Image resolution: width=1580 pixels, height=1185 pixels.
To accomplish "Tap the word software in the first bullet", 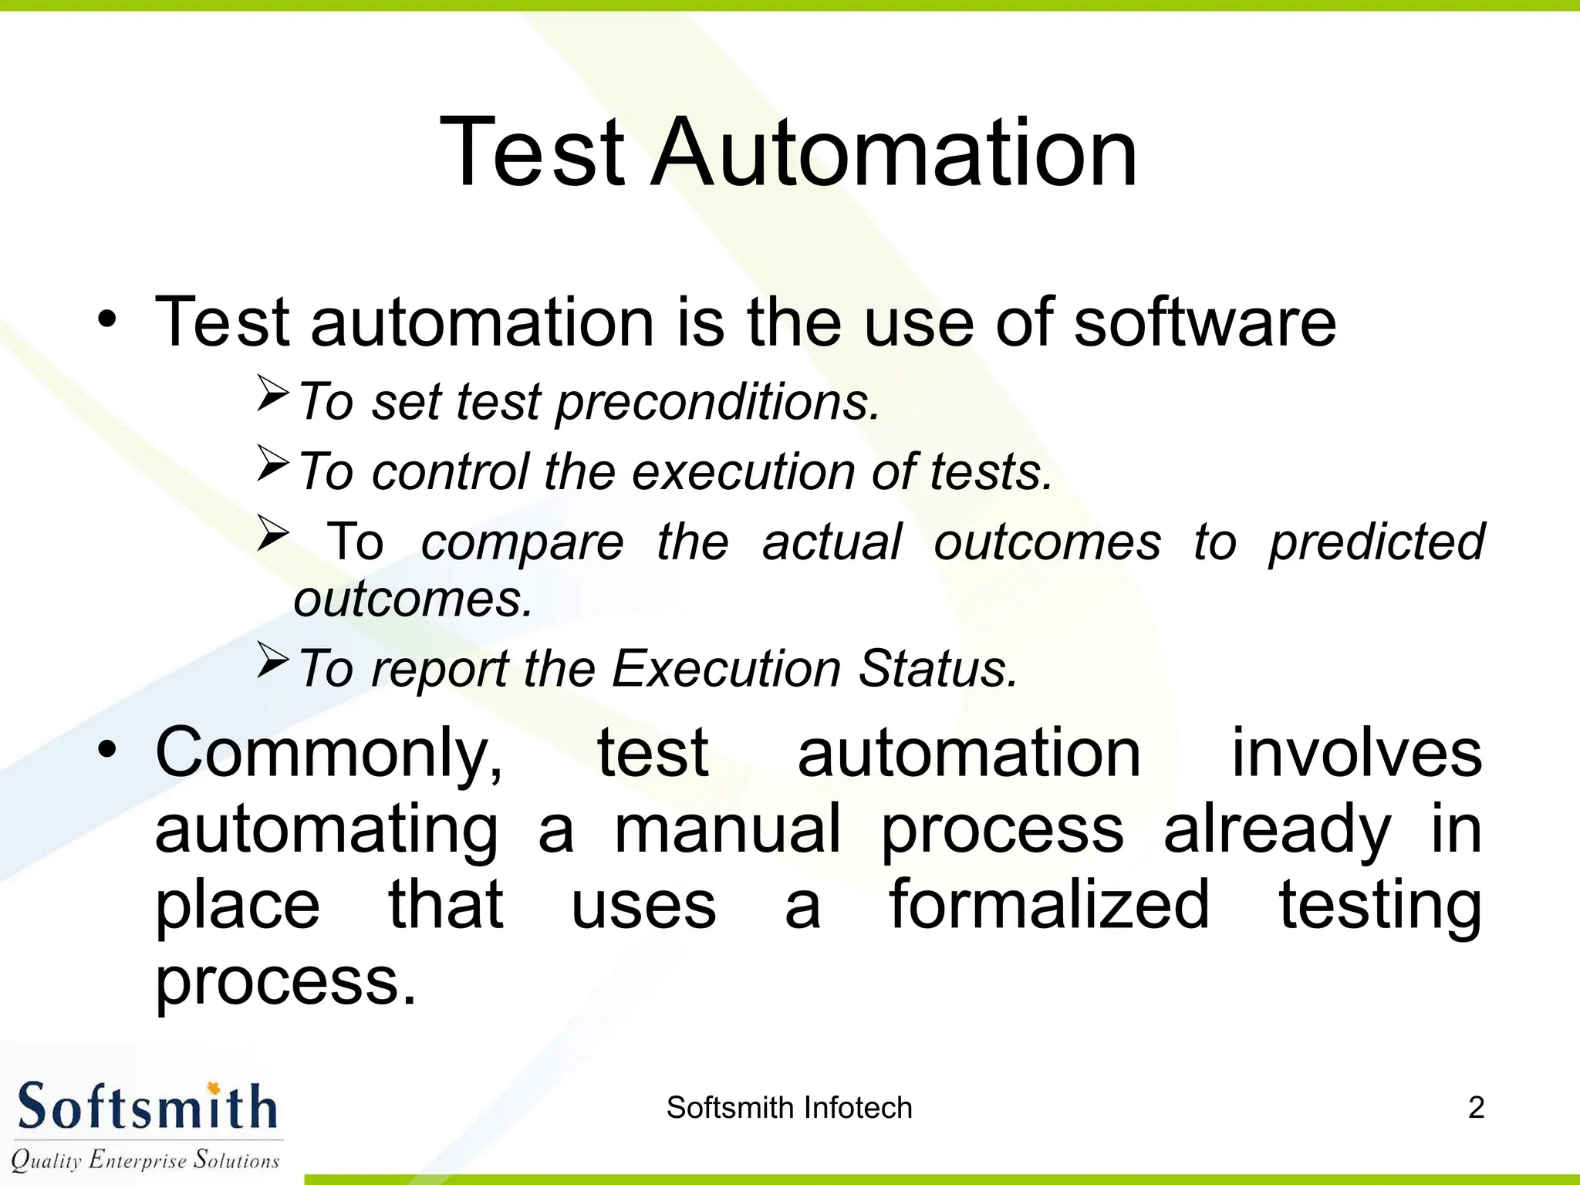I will tap(1204, 322).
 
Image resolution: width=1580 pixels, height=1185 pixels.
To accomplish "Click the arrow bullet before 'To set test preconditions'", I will tap(272, 393).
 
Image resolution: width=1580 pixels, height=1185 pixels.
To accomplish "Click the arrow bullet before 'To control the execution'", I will tap(272, 464).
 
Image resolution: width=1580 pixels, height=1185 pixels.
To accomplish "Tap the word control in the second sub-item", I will tap(451, 471).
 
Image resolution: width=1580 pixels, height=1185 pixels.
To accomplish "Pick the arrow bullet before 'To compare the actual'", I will tap(272, 533).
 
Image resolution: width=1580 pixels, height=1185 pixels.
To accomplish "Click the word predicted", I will tap(1376, 542).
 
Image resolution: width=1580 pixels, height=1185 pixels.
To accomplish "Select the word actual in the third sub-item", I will tap(832, 542).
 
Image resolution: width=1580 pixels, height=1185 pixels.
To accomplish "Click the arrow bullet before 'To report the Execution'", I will tap(272, 660).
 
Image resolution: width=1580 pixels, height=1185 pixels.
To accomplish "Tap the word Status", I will tap(938, 668).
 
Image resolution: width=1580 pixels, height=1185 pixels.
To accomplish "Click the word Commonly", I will tap(329, 753).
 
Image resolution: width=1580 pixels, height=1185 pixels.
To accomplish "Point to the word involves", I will tap(1356, 753).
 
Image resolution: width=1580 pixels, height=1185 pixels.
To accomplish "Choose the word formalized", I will tap(1049, 905).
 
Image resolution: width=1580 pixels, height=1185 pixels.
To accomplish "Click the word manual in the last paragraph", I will tap(727, 829).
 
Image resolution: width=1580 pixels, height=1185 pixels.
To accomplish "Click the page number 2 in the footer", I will tap(1475, 1108).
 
